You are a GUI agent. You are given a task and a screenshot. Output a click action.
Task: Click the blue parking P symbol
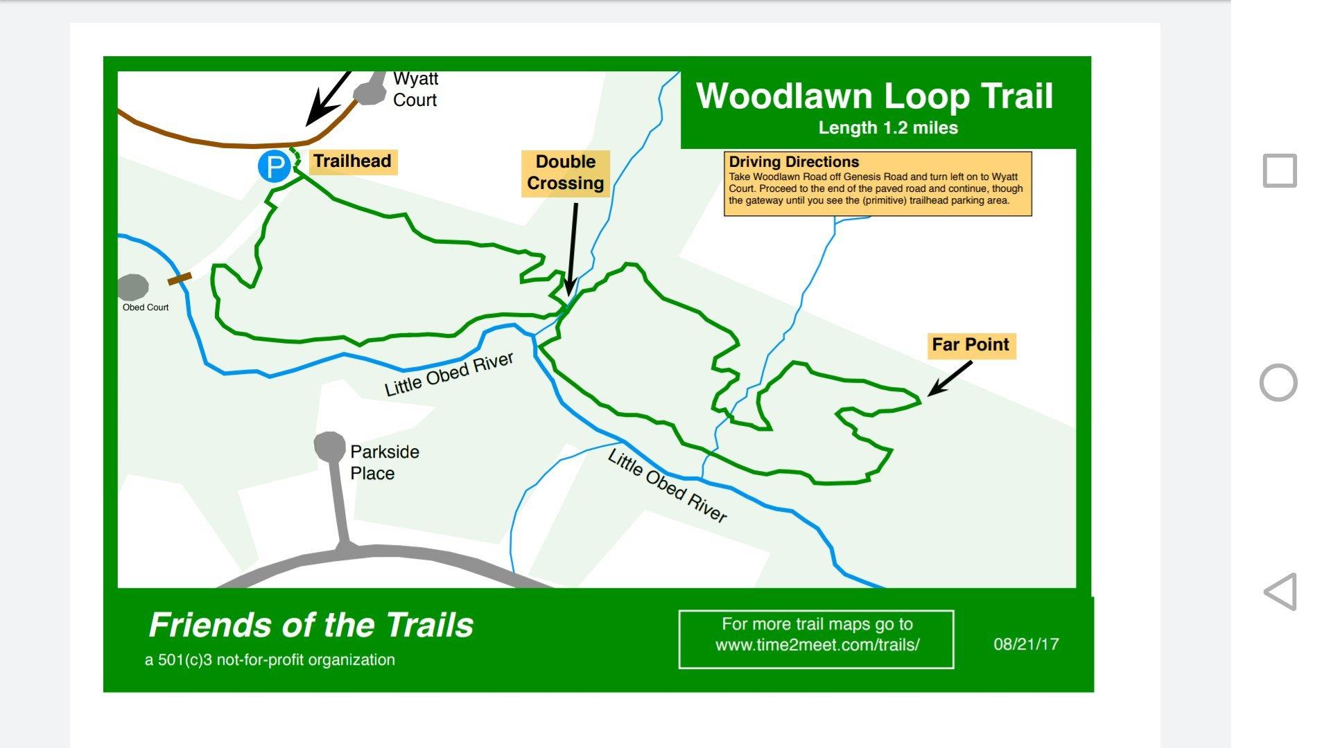(x=275, y=166)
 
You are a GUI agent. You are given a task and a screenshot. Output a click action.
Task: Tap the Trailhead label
(x=352, y=161)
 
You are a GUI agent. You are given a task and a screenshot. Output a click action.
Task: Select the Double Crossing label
(x=565, y=172)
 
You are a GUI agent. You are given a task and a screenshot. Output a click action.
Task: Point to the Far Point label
(x=971, y=345)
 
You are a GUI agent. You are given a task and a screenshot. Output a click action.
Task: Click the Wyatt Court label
(x=415, y=90)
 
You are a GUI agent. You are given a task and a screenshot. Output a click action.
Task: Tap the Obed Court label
(x=146, y=308)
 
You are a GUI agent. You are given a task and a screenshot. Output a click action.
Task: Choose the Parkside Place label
(x=384, y=463)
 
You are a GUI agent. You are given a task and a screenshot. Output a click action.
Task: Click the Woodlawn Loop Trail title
(x=875, y=96)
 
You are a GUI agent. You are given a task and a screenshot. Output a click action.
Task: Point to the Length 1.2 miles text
(x=888, y=128)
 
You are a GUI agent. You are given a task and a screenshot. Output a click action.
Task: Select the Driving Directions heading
(x=794, y=162)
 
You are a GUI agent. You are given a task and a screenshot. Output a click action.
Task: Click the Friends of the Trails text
(x=311, y=625)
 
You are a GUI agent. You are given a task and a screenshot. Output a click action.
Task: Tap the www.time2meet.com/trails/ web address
(x=817, y=645)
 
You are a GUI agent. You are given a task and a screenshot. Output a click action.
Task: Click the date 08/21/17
(x=1026, y=644)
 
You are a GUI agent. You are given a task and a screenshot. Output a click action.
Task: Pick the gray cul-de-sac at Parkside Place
(x=330, y=446)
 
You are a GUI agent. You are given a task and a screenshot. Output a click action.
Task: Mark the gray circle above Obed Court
(x=133, y=287)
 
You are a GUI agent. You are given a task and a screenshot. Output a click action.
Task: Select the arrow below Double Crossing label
(x=572, y=249)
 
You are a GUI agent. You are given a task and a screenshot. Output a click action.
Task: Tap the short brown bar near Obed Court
(x=180, y=278)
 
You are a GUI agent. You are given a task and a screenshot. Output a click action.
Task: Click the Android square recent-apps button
(x=1280, y=170)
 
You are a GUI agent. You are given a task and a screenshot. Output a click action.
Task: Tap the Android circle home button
(x=1278, y=382)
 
